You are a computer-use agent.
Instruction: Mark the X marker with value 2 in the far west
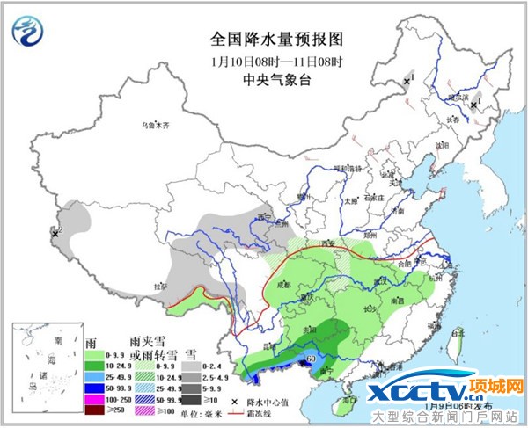click(55, 234)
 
